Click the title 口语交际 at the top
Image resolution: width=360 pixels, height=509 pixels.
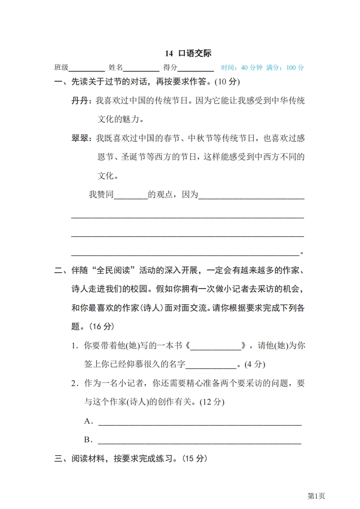click(x=195, y=54)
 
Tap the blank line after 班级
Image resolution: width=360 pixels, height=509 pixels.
click(x=86, y=69)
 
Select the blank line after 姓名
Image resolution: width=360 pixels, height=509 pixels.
click(x=141, y=69)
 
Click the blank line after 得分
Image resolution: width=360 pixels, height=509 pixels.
click(x=196, y=69)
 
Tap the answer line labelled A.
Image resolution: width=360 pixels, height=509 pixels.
click(x=200, y=423)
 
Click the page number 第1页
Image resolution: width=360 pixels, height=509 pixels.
click(x=316, y=496)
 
